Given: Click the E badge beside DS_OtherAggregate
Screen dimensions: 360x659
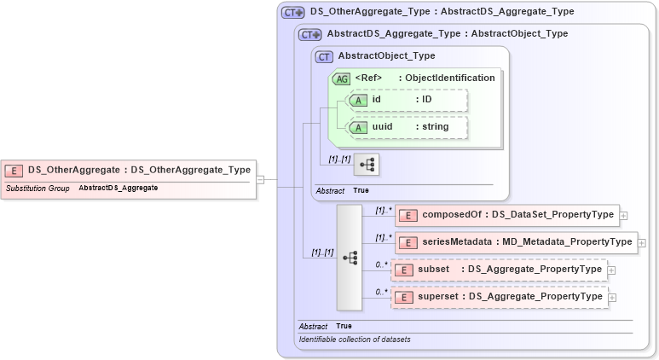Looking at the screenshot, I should pos(15,170).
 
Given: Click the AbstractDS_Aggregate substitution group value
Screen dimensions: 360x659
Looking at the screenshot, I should pos(118,188).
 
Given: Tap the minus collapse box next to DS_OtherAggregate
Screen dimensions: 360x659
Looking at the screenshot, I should pos(261,179).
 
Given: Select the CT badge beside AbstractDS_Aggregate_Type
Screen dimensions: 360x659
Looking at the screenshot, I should pos(309,34).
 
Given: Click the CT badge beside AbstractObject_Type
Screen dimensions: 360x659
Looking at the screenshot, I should pos(324,56).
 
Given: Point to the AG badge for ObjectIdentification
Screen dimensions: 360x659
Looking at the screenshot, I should pos(341,78).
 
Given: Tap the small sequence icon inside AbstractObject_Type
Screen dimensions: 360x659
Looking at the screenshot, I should pos(367,164).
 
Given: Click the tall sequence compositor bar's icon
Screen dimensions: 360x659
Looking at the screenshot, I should pos(350,257).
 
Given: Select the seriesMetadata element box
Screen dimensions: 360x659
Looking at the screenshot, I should pos(516,242).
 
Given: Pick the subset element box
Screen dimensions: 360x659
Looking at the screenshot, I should pos(498,270).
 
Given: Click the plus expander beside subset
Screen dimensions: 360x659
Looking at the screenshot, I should pos(611,270).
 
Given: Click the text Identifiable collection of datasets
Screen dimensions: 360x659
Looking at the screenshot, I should pos(354,340).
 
